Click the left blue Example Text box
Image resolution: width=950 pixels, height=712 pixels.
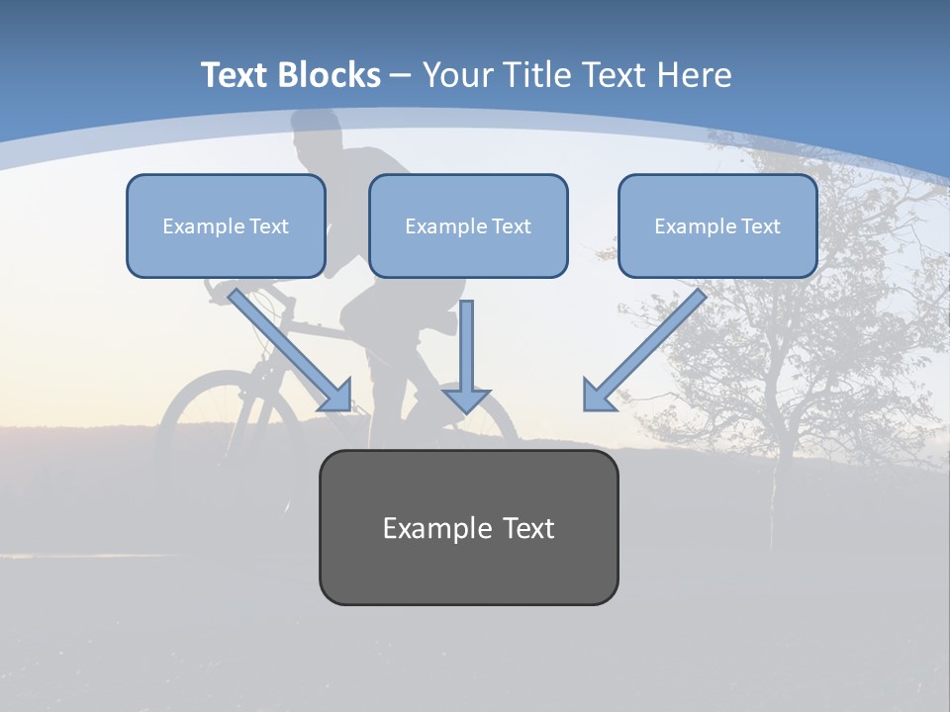[x=226, y=226]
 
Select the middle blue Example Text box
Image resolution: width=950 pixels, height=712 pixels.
[x=468, y=226]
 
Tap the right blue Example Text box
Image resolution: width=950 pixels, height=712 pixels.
[x=717, y=226]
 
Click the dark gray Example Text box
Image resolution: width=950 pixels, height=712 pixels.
[x=468, y=527]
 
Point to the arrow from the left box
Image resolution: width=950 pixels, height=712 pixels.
[x=288, y=347]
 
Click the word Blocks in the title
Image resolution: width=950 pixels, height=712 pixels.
[x=330, y=75]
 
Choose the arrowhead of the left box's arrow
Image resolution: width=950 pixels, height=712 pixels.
[x=336, y=397]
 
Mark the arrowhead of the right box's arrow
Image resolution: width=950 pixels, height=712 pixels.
[x=599, y=396]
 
